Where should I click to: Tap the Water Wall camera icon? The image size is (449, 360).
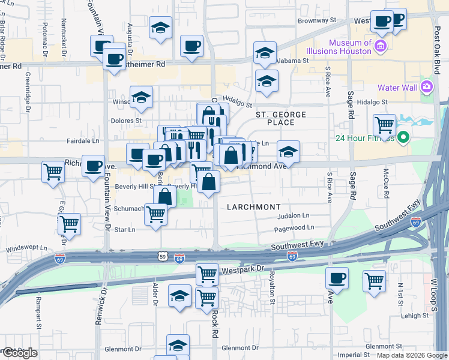427,87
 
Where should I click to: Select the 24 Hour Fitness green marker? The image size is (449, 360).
403,137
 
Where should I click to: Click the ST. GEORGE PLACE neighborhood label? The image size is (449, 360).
280,118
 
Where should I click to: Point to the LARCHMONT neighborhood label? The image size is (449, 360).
253,206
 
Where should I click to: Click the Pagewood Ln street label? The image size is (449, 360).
294,228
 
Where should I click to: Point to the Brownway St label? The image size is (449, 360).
317,20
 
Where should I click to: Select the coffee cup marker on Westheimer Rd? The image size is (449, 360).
114,59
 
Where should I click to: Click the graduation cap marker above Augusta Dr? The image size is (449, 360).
160,28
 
